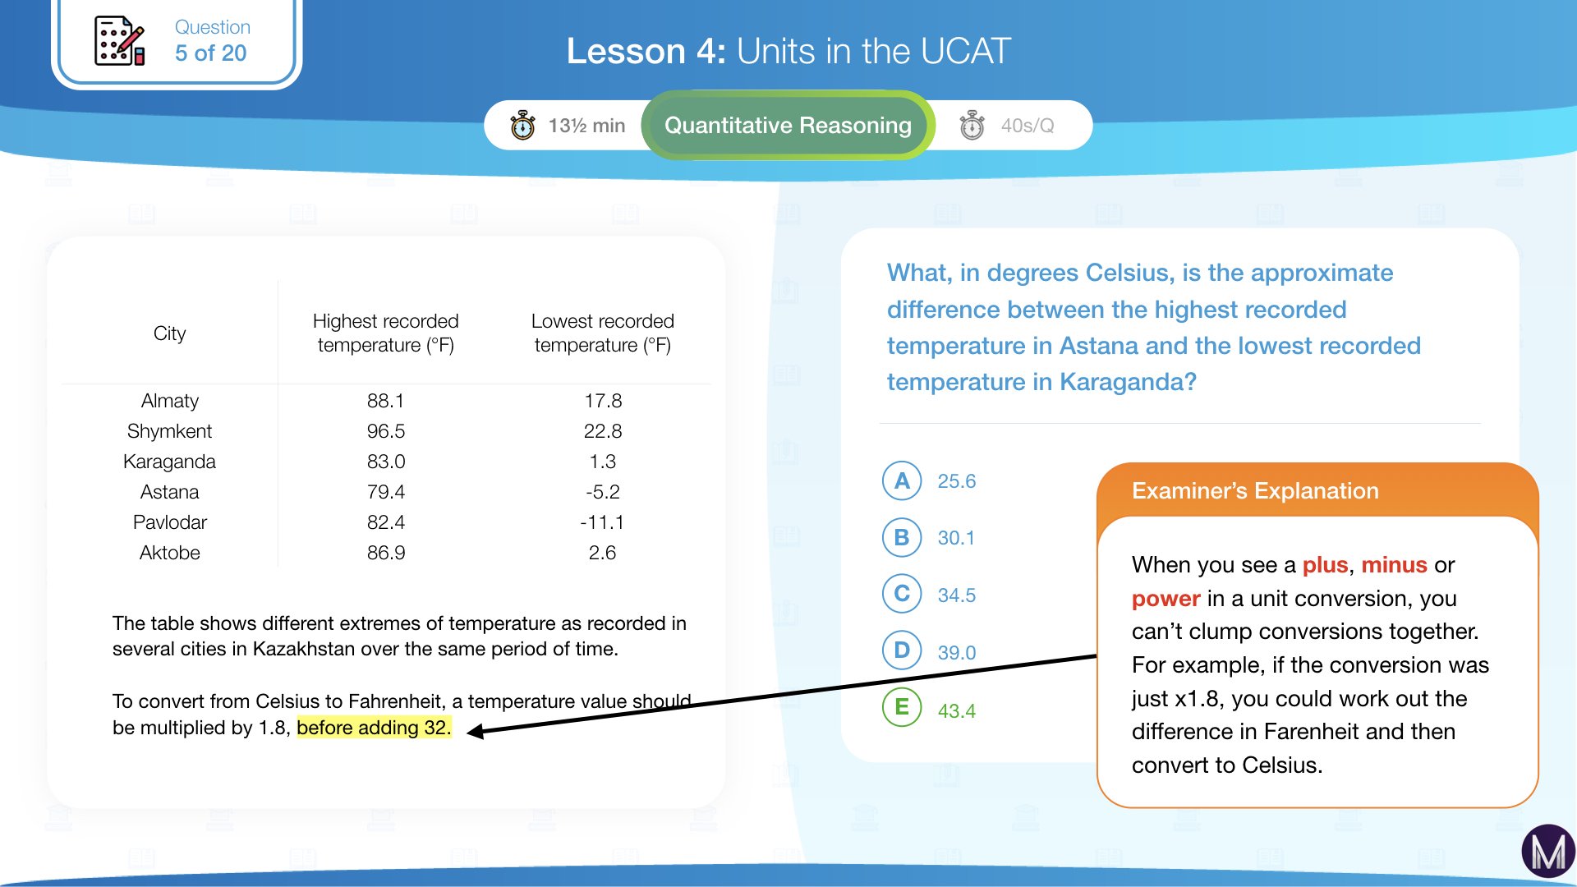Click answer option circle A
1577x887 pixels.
902,481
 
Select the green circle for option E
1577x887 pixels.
902,708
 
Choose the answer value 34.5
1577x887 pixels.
957,595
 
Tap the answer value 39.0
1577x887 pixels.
957,653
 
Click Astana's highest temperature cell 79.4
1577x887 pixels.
386,492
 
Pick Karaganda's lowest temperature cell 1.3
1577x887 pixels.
602,462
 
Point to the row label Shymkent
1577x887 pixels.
169,431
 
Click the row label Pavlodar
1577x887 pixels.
169,522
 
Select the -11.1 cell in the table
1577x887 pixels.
602,522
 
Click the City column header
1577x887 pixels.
169,333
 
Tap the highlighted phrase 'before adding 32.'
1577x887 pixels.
374,728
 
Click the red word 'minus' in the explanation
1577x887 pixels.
1394,565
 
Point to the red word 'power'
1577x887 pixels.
1166,599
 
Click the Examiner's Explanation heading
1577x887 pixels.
1254,491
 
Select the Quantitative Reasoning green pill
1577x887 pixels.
788,126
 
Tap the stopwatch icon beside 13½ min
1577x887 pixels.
522,126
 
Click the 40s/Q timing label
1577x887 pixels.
1027,126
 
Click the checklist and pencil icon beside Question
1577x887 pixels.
120,41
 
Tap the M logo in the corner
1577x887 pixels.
1547,853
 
